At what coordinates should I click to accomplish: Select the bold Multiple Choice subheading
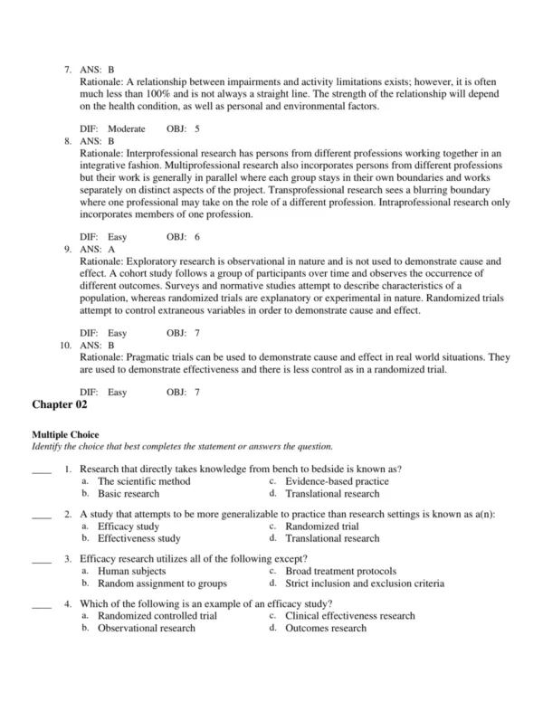pos(65,435)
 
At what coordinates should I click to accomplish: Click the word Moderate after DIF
pos(127,128)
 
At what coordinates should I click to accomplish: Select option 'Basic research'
pos(129,494)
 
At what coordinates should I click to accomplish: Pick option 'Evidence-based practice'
pos(337,481)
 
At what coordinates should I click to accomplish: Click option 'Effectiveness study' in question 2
pos(139,538)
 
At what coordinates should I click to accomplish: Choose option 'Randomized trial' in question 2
pos(321,526)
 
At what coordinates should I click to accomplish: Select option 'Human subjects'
pos(132,571)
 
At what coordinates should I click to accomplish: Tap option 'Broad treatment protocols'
pos(340,571)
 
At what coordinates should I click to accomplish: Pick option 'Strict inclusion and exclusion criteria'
pos(365,583)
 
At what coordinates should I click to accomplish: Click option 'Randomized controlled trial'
pos(157,615)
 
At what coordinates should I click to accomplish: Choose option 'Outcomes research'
pos(326,628)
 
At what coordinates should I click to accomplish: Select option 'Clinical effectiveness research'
pos(350,615)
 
